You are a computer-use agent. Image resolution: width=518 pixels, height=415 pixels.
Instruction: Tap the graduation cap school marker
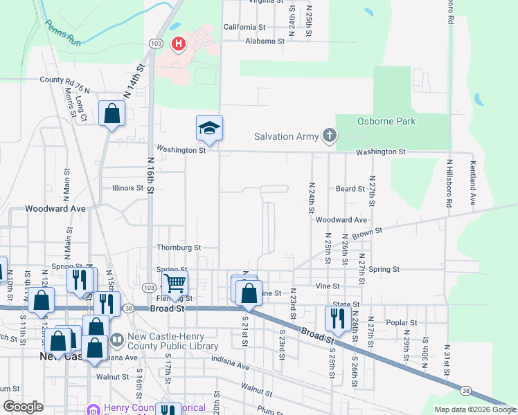tap(209, 129)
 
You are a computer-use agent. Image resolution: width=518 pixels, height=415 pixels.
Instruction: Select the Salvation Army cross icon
tap(330, 136)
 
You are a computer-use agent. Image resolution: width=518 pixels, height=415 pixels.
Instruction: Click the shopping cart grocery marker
tap(175, 282)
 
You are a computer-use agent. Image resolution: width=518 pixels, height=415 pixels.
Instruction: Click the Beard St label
tap(350, 188)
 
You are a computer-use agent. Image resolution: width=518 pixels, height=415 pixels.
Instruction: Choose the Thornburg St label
tap(179, 247)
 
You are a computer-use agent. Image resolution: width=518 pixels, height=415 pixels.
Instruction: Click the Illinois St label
tap(127, 187)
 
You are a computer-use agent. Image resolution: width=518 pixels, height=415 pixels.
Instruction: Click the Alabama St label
tap(265, 41)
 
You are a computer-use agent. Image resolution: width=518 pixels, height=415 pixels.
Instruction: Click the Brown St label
tap(367, 234)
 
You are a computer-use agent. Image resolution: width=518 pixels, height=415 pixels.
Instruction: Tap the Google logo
tap(23, 407)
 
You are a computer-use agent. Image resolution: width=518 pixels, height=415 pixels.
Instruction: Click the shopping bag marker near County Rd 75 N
tap(111, 113)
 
